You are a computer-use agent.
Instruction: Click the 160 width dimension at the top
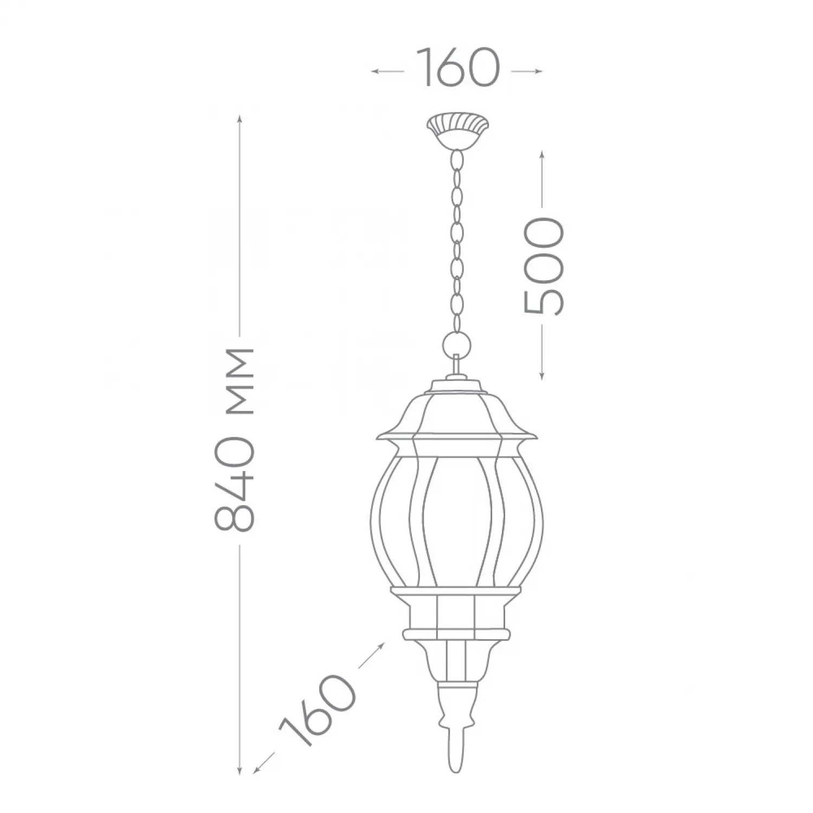coord(457,68)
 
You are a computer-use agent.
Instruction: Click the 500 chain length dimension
coord(544,266)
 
